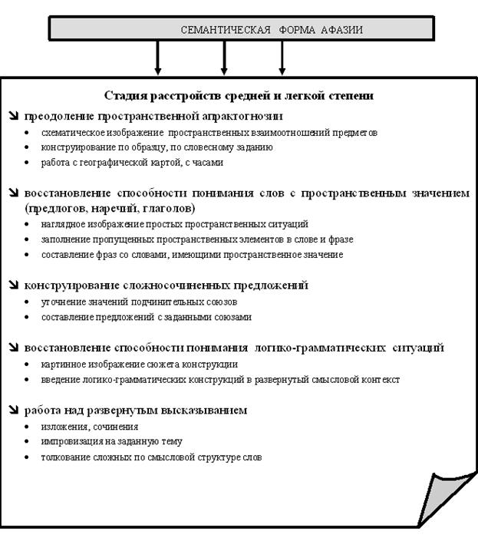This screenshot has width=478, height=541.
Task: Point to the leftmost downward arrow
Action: click(x=158, y=58)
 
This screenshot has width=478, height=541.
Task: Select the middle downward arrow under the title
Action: click(x=224, y=58)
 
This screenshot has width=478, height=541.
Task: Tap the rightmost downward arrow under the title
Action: click(x=282, y=58)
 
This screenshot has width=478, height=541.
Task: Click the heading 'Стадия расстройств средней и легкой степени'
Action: click(x=239, y=96)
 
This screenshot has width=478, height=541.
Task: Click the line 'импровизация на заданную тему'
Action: click(x=111, y=442)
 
